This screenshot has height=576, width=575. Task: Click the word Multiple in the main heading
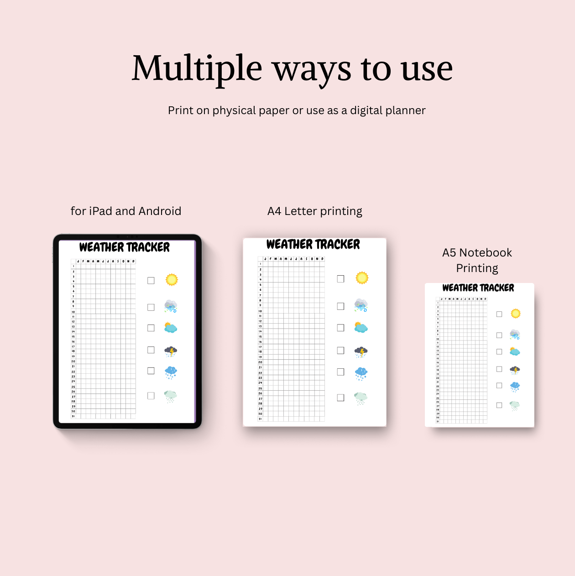coord(197,68)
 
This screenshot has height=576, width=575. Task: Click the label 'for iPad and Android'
coord(126,211)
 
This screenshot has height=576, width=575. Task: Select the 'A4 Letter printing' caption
coord(315,211)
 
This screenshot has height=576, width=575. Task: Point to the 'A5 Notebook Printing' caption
coord(477,260)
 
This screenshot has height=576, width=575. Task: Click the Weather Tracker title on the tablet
coord(125,247)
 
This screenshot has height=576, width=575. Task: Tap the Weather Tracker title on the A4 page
coord(313,245)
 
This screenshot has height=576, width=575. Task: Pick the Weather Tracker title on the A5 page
coord(478,288)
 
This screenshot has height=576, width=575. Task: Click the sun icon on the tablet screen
coord(172,280)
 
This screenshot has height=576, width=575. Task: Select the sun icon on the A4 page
coord(362,278)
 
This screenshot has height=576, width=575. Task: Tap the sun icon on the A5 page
coord(516,314)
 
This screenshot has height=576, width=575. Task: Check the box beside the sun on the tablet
coord(151,281)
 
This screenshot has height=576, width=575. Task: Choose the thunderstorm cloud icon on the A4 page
coord(361,352)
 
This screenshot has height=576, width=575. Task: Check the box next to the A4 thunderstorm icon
coord(340,351)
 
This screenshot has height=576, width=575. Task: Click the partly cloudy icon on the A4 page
coord(361,327)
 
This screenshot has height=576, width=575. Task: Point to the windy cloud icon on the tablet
coord(171,306)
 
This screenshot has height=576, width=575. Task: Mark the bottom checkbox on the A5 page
coord(499,405)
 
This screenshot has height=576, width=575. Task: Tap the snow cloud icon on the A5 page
coord(515,387)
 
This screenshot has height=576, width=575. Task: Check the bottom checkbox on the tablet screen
coord(151,396)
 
